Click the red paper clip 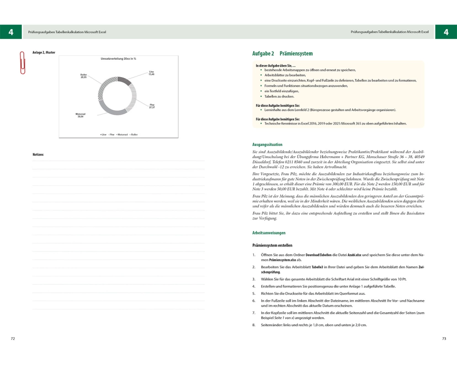tap(21, 63)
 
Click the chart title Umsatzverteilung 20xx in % tap(118, 59)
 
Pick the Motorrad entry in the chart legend tap(122, 135)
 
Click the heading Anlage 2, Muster tap(44, 52)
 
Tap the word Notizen tap(38, 155)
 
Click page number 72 tap(13, 339)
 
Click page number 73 tap(444, 339)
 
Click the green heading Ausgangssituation tap(267, 145)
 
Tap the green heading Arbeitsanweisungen tap(269, 233)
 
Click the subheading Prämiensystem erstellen tap(272, 245)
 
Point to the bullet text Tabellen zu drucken tap(279, 97)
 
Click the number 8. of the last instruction tap(254, 325)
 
